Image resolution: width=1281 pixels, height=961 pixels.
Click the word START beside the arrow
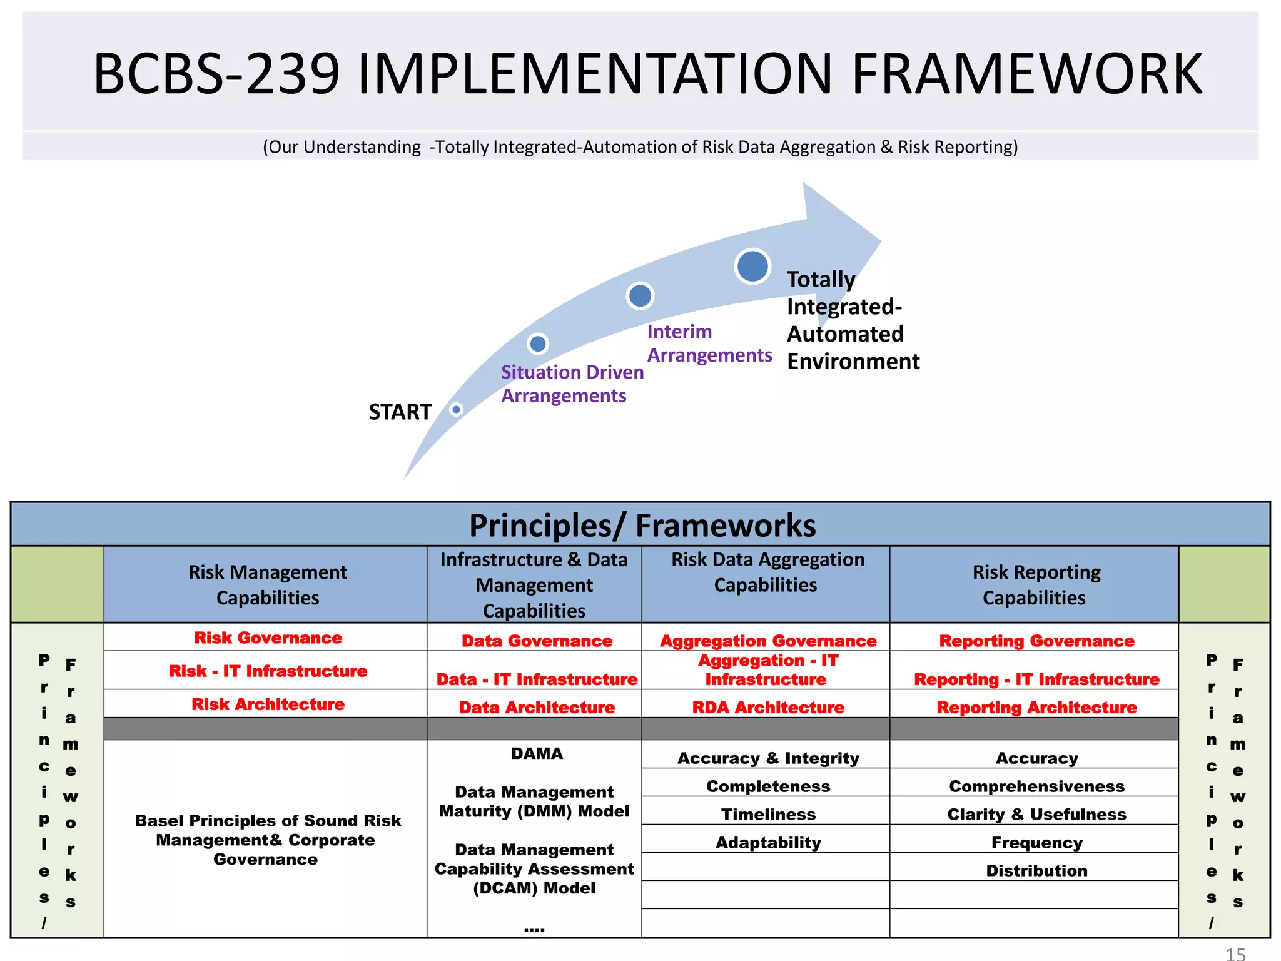[x=400, y=412]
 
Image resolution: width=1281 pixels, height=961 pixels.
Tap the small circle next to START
[x=457, y=410]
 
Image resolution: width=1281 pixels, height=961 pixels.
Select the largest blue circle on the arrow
[x=752, y=266]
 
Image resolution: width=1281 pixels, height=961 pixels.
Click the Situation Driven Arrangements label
[x=571, y=384]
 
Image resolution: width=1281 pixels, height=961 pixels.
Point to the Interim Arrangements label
[x=709, y=343]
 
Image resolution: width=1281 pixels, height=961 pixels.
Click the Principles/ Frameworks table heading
[x=642, y=526]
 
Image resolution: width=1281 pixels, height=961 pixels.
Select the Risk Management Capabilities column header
[x=267, y=584]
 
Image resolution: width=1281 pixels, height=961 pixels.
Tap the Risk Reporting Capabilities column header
[x=1035, y=584]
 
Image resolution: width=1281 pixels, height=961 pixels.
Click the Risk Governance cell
[x=268, y=638]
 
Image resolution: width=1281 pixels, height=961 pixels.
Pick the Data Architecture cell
[x=537, y=708]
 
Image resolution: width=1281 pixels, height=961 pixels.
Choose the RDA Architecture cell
[x=767, y=708]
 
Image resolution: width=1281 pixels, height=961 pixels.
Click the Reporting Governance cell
[x=1036, y=641]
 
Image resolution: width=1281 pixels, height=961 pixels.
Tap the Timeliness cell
[x=768, y=814]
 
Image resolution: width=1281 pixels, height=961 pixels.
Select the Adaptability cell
[x=768, y=842]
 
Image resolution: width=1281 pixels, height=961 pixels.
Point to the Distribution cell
[x=1036, y=870]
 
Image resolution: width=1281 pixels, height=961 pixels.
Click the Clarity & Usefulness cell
[x=1036, y=814]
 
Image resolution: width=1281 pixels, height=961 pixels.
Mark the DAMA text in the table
[x=537, y=753]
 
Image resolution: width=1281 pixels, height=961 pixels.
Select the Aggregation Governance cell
[x=768, y=641]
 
